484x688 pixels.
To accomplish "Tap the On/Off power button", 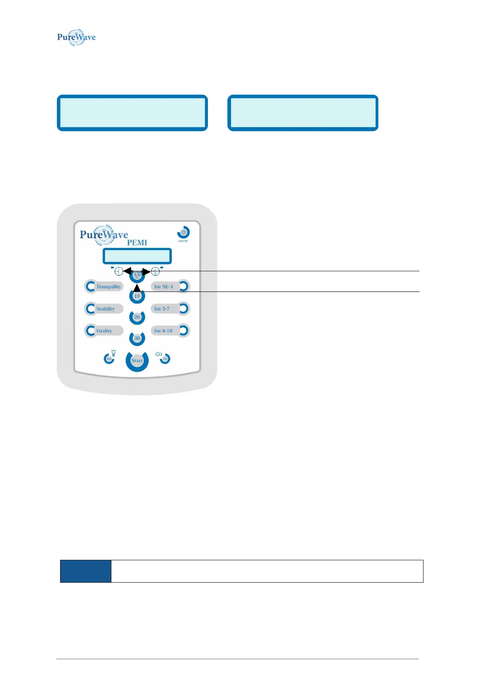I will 184,233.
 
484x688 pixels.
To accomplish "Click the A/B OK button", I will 137,275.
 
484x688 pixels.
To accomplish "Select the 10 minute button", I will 137,296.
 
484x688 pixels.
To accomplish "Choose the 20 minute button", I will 137,317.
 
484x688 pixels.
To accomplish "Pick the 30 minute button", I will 137,338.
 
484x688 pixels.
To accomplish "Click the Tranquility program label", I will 109,287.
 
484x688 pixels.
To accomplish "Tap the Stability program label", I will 105,309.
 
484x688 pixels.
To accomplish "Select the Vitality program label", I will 104,331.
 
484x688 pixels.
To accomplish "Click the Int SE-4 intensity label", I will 163,287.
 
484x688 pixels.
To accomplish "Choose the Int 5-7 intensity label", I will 162,309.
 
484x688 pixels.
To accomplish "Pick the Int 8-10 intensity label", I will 163,331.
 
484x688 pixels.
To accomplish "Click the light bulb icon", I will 114,353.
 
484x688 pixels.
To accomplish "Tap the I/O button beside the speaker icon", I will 165,359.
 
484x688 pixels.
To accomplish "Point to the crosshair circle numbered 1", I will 119,272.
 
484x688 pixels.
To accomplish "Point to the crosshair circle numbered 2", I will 155,272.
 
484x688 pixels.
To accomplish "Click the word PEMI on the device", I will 137,243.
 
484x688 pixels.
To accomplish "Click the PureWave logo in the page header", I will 76,37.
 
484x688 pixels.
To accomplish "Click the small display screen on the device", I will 137,256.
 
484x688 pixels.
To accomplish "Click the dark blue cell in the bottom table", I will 86,571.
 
